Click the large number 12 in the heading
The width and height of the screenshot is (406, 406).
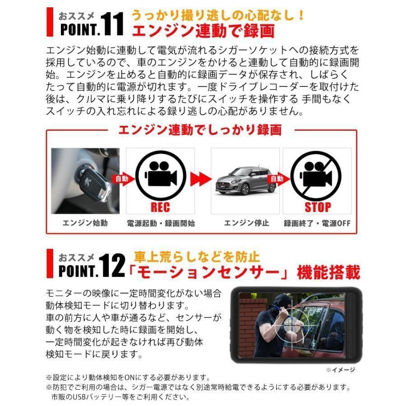tap(111, 266)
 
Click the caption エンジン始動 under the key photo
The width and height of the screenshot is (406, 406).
tap(86, 223)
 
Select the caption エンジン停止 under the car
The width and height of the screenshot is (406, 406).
tap(246, 223)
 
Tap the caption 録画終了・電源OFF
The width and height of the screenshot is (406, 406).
tap(317, 223)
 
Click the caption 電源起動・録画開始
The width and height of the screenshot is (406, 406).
tap(161, 223)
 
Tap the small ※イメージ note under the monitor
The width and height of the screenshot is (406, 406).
tap(341, 370)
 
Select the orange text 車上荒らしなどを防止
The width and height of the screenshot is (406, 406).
tap(197, 257)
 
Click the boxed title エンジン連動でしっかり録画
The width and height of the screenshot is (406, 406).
tap(199, 130)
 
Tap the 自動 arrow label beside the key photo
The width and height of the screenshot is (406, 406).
tap(122, 178)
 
